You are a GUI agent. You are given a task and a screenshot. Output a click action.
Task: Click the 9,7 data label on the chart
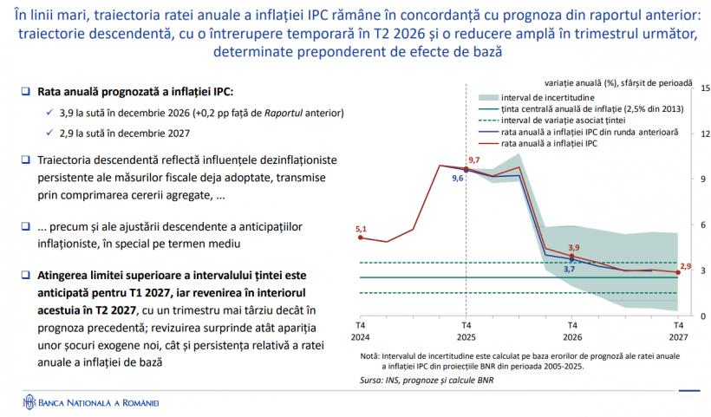(473, 160)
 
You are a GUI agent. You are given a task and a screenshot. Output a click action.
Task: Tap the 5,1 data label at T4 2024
(362, 229)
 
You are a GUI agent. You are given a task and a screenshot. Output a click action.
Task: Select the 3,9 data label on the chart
(573, 248)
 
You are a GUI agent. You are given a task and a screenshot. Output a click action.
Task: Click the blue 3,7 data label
(569, 270)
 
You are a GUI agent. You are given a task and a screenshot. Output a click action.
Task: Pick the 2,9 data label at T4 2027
(685, 265)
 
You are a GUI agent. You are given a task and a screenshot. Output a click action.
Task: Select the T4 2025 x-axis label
(465, 330)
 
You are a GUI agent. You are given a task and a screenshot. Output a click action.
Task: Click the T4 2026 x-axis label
(571, 330)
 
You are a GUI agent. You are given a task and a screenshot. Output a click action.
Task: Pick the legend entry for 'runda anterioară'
(590, 132)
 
